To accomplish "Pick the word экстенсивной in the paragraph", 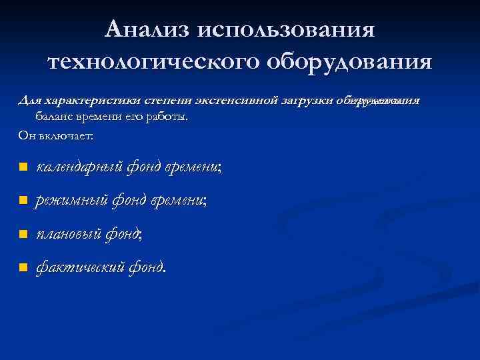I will coord(244,101).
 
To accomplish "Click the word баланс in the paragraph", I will coord(54,117).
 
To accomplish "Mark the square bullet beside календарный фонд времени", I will coord(23,167).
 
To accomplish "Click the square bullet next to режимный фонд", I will coord(23,201).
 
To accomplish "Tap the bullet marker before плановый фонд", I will coord(23,234).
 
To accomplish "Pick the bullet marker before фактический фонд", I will coord(23,268).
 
